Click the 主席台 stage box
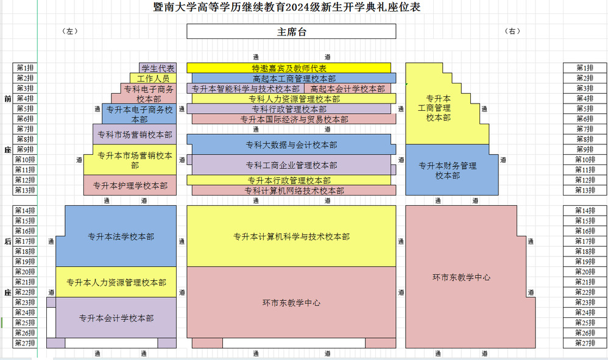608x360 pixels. (x=291, y=32)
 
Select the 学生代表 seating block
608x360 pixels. (x=158, y=68)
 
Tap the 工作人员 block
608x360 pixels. (x=153, y=79)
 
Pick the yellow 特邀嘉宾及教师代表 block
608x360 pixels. (x=289, y=68)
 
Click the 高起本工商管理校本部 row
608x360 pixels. (x=294, y=79)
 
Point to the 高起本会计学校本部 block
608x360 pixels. (x=347, y=89)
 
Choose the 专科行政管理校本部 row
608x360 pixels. (x=289, y=109)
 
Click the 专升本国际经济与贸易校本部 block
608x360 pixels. (x=294, y=119)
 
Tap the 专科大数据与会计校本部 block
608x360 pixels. (x=291, y=145)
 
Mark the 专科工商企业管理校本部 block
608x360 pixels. (x=291, y=165)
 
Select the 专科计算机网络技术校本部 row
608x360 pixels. (x=294, y=191)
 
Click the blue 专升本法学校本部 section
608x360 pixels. (x=121, y=236)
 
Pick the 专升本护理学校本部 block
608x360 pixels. (x=130, y=185)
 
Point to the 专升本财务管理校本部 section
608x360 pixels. (x=447, y=170)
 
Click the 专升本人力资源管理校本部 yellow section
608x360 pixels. (x=116, y=282)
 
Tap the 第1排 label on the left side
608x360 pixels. (x=25, y=68)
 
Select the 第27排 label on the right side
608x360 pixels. (x=585, y=343)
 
